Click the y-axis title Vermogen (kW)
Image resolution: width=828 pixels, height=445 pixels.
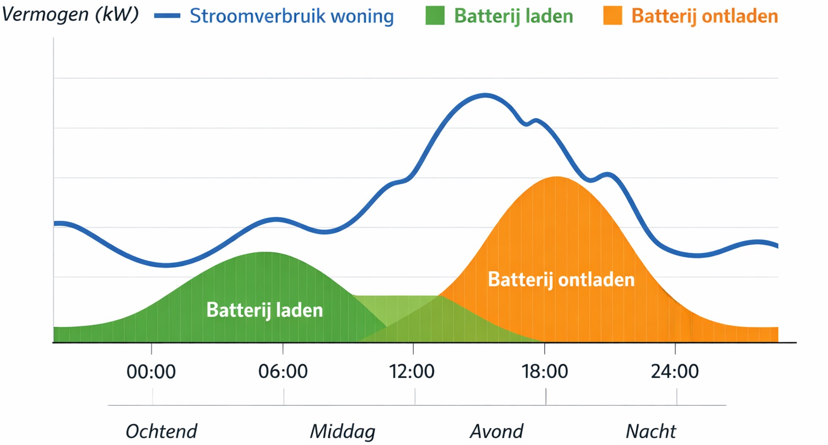coord(70,14)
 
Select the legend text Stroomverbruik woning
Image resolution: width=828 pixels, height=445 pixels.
coord(292,16)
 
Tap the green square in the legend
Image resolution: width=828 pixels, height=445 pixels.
coord(434,15)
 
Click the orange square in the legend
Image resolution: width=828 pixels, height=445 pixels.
coord(612,15)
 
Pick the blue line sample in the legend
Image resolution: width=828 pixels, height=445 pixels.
coord(167,16)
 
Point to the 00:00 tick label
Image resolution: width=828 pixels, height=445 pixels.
coord(151,371)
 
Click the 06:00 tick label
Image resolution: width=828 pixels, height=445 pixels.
coord(283,371)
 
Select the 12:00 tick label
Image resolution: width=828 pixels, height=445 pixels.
coord(412,371)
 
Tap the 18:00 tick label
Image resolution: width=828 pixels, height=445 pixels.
coord(544,371)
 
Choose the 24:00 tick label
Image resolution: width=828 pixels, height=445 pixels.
coord(674,371)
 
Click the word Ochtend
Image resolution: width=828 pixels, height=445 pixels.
coord(161,431)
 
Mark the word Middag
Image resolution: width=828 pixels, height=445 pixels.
coord(342,431)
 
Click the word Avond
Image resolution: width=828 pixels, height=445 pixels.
coord(497,431)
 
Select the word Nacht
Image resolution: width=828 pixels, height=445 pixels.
coord(651,431)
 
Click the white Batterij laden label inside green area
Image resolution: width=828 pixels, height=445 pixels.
coord(265,310)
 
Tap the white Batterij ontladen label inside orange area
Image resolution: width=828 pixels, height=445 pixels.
coord(561,280)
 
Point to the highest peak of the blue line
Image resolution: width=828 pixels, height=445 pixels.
coord(485,95)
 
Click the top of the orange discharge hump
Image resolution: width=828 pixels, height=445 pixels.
coord(557,177)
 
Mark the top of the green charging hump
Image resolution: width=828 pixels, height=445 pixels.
coord(265,253)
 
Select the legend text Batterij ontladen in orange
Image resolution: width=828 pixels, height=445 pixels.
coord(704,16)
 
